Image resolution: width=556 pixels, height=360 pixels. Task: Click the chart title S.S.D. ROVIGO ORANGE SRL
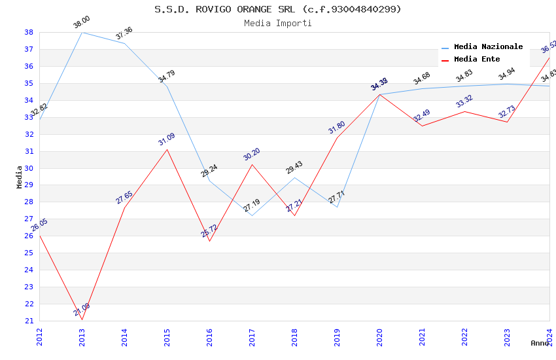tap(278, 9)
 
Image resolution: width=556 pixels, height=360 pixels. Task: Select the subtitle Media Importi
tap(278, 23)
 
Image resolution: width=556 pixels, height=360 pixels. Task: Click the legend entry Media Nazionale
tap(488, 47)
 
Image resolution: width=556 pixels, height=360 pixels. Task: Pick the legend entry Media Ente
tap(477, 60)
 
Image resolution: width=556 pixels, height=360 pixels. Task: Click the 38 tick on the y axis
tap(29, 32)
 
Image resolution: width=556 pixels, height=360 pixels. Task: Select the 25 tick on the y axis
tap(29, 253)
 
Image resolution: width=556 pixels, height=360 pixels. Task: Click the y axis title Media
tap(20, 177)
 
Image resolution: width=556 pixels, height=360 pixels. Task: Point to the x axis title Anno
tap(540, 343)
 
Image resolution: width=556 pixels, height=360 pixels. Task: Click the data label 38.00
tap(82, 22)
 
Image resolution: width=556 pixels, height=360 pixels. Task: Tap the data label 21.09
tap(82, 310)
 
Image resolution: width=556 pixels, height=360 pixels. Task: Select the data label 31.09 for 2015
tap(167, 139)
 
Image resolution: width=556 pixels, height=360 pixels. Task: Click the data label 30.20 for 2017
tap(252, 154)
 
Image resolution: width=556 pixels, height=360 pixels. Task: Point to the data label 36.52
tap(548, 46)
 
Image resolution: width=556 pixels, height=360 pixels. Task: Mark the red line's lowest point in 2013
tap(82, 319)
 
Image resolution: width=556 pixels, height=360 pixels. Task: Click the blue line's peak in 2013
tap(82, 32)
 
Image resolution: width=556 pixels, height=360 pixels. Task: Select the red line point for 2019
tap(337, 137)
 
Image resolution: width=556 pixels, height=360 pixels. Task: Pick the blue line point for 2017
tap(252, 216)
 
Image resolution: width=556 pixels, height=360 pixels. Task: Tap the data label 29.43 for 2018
tap(294, 168)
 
